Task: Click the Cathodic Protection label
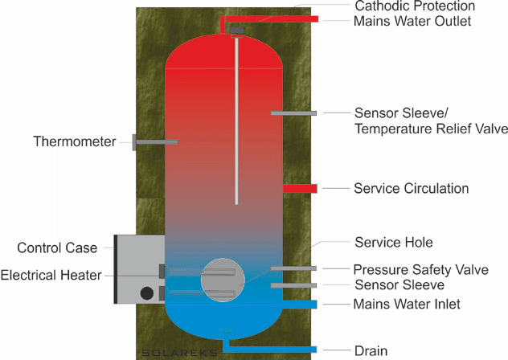399,6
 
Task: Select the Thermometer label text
69,142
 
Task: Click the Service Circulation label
411,189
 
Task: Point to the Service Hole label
394,242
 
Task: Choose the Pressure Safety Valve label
420,269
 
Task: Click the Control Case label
57,247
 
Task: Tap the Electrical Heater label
51,275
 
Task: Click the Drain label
371,350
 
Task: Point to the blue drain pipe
281,350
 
